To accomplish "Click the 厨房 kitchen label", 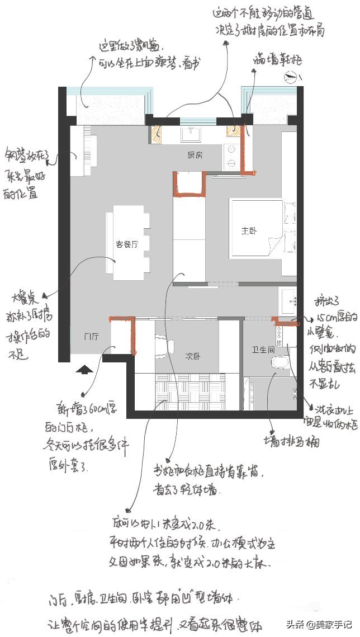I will click(x=195, y=155).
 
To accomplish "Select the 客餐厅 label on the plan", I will click(x=127, y=244).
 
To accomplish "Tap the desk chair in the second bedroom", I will click(x=161, y=347).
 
